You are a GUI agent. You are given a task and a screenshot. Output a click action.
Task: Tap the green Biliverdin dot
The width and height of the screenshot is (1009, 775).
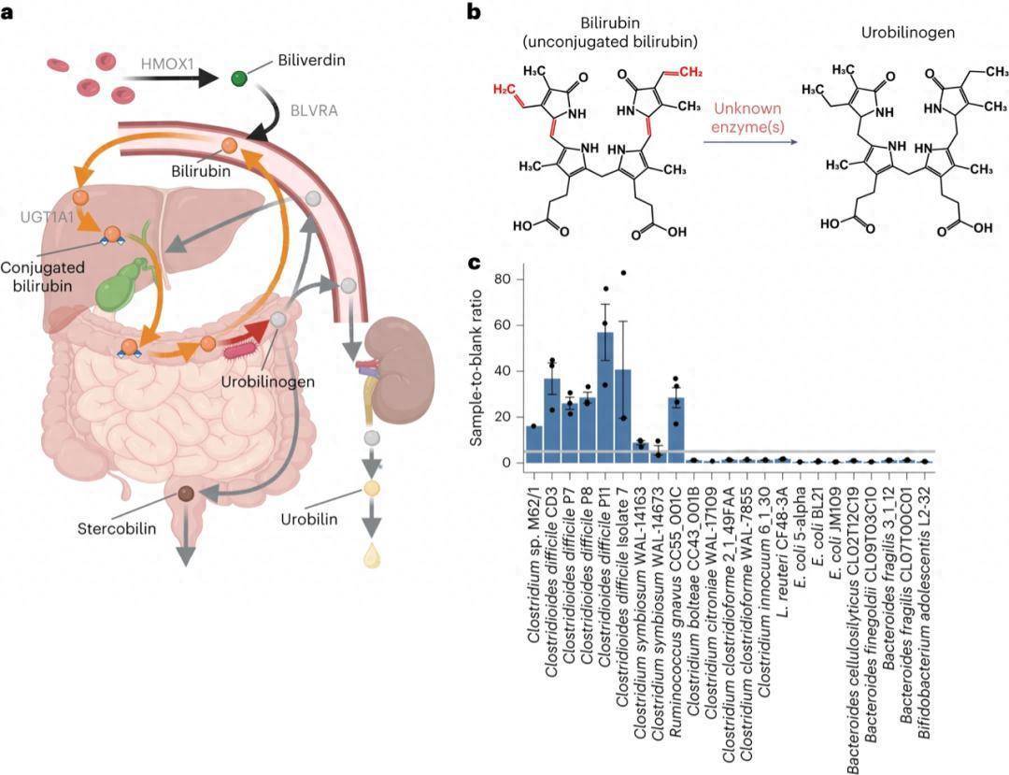[240, 78]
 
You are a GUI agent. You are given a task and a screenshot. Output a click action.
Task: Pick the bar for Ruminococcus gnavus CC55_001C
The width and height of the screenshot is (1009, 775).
[676, 430]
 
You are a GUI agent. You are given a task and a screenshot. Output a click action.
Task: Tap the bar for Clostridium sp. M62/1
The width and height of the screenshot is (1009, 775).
[534, 444]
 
